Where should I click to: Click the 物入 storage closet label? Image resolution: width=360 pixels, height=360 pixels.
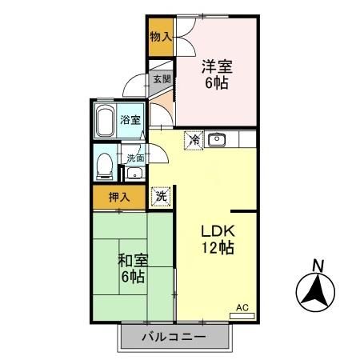pyautogui.click(x=161, y=36)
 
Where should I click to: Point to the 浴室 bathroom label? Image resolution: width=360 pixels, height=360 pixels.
pyautogui.click(x=130, y=120)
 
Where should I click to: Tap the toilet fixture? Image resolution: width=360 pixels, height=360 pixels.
pyautogui.click(x=103, y=166)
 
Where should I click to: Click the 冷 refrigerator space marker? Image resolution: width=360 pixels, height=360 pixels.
pyautogui.click(x=194, y=140)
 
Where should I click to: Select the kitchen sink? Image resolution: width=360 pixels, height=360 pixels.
pyautogui.click(x=218, y=139)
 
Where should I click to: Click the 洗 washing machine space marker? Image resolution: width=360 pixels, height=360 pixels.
pyautogui.click(x=161, y=195)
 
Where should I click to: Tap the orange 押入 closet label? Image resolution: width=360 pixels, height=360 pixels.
pyautogui.click(x=109, y=196)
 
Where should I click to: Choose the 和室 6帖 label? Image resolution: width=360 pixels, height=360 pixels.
pyautogui.click(x=132, y=268)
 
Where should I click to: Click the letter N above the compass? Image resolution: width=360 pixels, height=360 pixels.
pyautogui.click(x=318, y=266)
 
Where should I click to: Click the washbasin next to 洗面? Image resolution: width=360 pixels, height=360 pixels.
pyautogui.click(x=134, y=174)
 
